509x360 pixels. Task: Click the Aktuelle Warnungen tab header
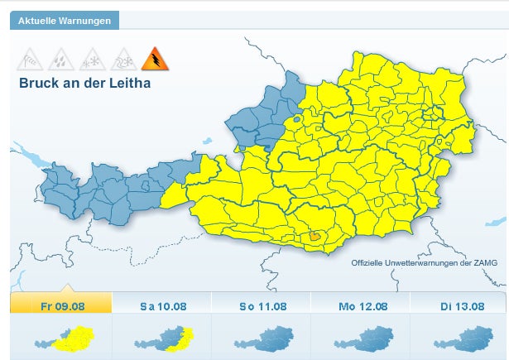[65, 20]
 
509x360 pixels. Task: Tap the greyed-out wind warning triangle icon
[31, 59]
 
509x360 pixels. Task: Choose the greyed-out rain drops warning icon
[61, 59]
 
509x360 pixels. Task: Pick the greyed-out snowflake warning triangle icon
[91, 59]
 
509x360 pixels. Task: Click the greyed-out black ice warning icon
[122, 59]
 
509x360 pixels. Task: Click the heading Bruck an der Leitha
[85, 83]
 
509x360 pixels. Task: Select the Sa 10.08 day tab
[162, 305]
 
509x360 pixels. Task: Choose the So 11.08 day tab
[261, 305]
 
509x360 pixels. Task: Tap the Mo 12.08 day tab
[362, 305]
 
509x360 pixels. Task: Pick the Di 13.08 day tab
[461, 305]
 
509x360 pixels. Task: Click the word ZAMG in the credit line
[485, 262]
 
